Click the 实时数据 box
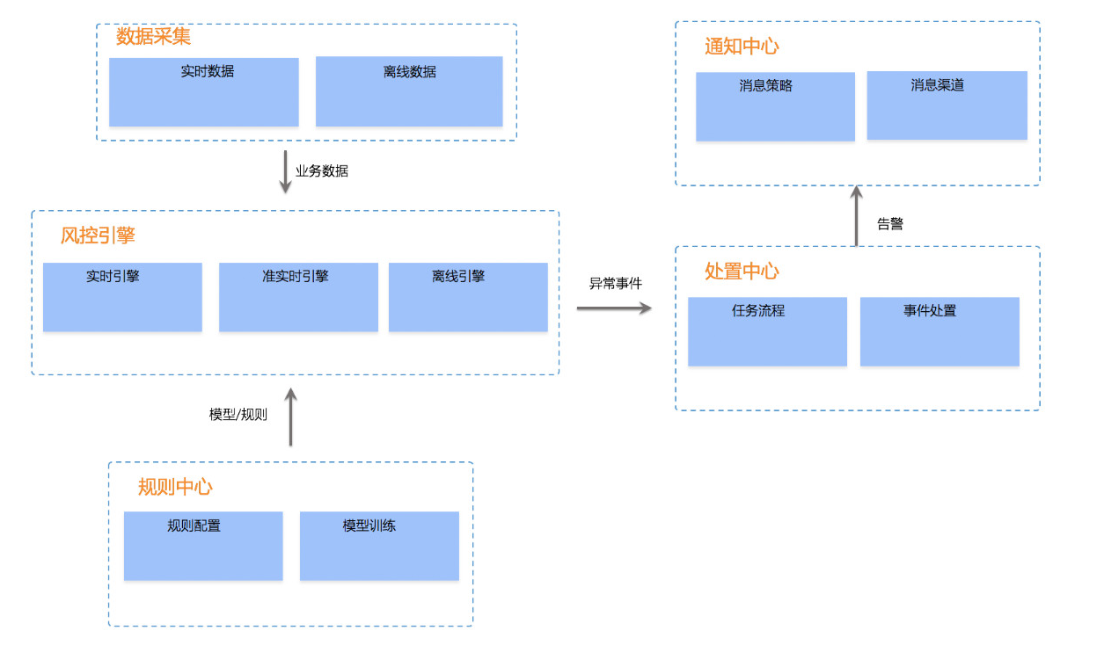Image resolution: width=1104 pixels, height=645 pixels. (204, 92)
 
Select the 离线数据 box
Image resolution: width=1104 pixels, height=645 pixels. (409, 91)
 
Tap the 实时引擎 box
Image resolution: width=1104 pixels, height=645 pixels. (123, 297)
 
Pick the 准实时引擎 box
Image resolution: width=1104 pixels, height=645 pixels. (299, 297)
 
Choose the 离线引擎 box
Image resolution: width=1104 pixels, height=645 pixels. (468, 297)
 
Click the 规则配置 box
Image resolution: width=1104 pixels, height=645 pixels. (203, 546)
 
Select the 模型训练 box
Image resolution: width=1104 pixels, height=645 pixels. (379, 546)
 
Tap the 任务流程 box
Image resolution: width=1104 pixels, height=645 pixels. (767, 331)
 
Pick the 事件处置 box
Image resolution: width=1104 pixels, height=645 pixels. (939, 331)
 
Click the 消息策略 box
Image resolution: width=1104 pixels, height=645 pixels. (775, 107)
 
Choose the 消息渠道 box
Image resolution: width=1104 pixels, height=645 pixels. (947, 105)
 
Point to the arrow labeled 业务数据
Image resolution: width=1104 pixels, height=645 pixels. (285, 172)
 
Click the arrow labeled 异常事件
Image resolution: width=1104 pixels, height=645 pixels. (614, 308)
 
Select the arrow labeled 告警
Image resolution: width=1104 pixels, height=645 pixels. (857, 215)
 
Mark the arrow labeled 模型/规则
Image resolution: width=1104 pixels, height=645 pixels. (291, 417)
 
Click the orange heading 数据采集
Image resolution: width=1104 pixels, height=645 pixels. (153, 36)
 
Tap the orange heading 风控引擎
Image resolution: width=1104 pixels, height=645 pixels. (98, 236)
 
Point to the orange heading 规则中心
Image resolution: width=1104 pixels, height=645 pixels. (175, 487)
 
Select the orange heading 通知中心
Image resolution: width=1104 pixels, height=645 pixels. (742, 47)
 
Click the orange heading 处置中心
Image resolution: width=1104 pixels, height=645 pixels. (742, 272)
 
